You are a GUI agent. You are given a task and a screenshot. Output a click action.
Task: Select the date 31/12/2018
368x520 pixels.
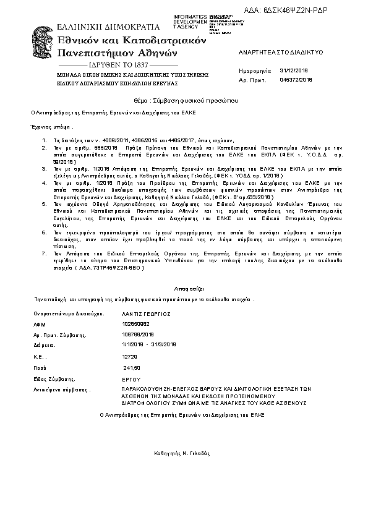pyautogui.click(x=294, y=72)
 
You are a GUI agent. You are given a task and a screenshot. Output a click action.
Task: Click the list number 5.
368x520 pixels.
pyautogui.click(x=44, y=203)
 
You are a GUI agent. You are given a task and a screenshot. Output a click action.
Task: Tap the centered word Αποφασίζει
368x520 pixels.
pyautogui.click(x=184, y=288)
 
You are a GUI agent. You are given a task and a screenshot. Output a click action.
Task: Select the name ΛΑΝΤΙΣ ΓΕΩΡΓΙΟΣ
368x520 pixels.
pyautogui.click(x=146, y=314)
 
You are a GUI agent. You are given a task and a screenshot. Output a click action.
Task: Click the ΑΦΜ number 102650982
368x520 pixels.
pyautogui.click(x=136, y=324)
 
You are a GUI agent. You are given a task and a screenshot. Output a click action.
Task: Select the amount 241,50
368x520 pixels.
pyautogui.click(x=132, y=367)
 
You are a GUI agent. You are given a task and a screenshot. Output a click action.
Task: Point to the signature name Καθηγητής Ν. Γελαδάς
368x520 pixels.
pyautogui.click(x=184, y=453)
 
